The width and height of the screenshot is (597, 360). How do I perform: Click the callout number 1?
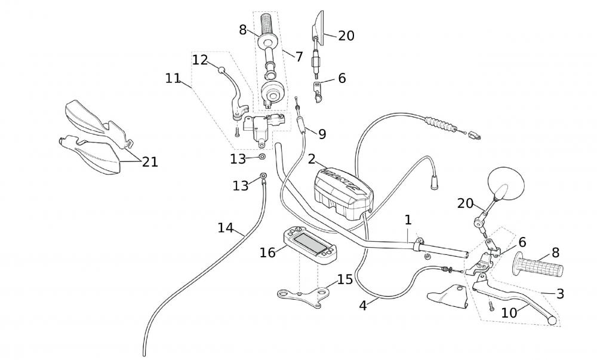click(x=408, y=220)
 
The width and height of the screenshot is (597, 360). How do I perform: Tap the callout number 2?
click(x=312, y=159)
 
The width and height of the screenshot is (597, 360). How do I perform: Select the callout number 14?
click(x=226, y=227)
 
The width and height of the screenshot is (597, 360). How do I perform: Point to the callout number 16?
click(x=267, y=253)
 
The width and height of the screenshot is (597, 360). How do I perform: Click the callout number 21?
click(x=150, y=162)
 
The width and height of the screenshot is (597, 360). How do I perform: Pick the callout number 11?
click(x=173, y=78)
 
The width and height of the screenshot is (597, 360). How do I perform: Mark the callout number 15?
click(x=345, y=279)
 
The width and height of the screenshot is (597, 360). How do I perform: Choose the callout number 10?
click(x=509, y=312)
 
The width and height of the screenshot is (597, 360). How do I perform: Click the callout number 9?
click(x=322, y=134)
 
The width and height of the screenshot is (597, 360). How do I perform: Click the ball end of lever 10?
click(x=552, y=321)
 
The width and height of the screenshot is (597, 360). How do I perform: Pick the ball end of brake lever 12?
click(x=222, y=70)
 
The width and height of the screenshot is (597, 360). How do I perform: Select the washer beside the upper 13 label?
click(x=262, y=157)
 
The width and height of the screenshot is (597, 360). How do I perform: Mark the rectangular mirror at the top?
click(x=318, y=25)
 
